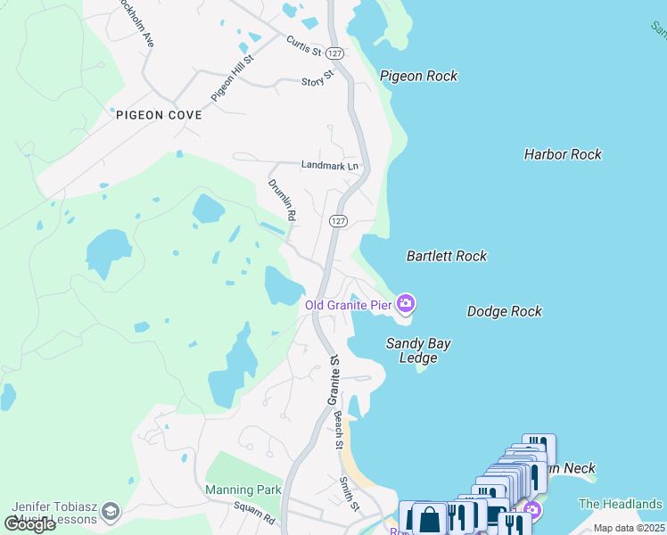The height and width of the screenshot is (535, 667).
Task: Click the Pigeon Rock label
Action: pyautogui.click(x=418, y=76)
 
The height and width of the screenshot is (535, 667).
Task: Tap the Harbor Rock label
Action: pyautogui.click(x=563, y=154)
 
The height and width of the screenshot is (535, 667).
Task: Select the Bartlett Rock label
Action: pyautogui.click(x=447, y=256)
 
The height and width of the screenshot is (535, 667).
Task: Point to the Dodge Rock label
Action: pyautogui.click(x=504, y=311)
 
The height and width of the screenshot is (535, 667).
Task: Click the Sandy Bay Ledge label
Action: pyautogui.click(x=417, y=350)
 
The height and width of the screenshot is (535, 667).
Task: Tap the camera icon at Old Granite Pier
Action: pyautogui.click(x=406, y=304)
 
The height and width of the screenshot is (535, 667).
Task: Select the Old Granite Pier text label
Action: pyautogui.click(x=348, y=305)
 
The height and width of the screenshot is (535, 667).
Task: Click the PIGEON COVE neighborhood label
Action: pyautogui.click(x=159, y=115)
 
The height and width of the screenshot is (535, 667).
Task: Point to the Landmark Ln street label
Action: pyautogui.click(x=329, y=166)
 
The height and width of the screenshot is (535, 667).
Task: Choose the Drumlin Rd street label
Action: pyautogui.click(x=282, y=200)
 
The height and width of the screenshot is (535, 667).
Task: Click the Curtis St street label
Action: pyautogui.click(x=303, y=45)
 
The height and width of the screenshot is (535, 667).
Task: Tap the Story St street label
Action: pyautogui.click(x=317, y=79)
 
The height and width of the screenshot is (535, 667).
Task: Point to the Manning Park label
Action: pyautogui.click(x=243, y=490)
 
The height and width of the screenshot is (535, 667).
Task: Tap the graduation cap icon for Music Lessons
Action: pyautogui.click(x=110, y=511)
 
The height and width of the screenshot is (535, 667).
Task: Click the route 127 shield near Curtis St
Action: pyautogui.click(x=335, y=53)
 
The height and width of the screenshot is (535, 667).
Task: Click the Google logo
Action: pyautogui.click(x=29, y=523)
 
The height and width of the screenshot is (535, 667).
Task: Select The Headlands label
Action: pyautogui.click(x=620, y=504)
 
